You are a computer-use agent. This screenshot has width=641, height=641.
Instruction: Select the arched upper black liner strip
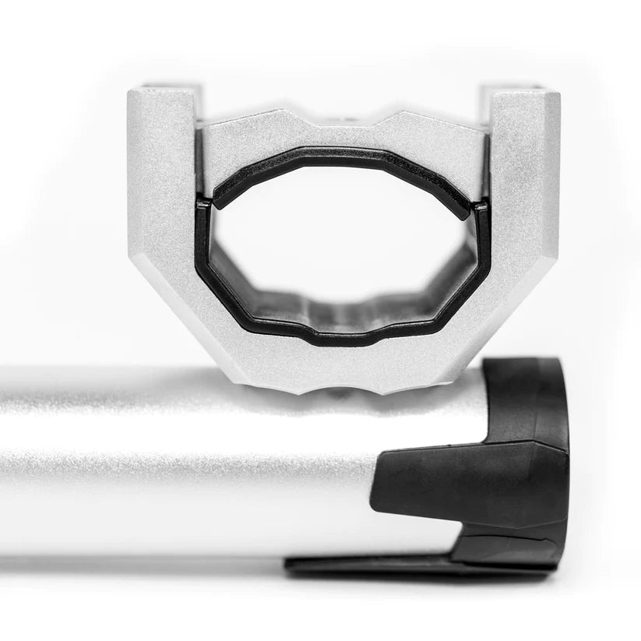click(343, 157)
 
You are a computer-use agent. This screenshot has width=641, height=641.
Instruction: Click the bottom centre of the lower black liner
click(343, 336)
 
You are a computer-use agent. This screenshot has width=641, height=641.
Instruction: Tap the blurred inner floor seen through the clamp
click(343, 308)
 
